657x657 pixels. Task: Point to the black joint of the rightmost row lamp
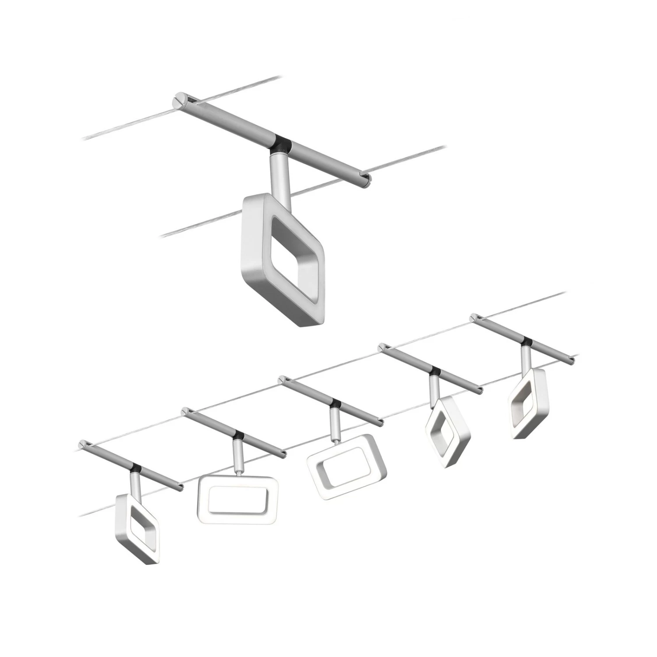526,341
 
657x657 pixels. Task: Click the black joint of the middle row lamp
336,403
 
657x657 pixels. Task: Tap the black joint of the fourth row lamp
435,371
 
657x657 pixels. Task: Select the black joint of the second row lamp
239,436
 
